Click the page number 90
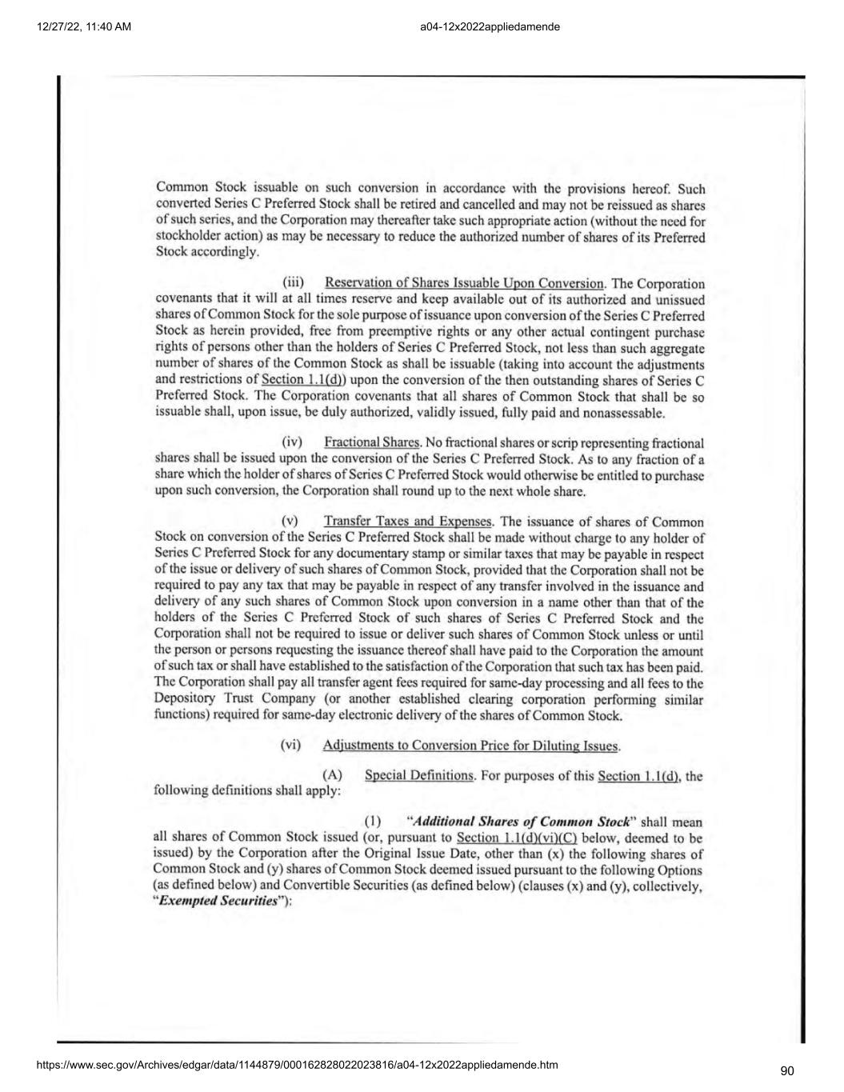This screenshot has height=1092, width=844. [787, 1071]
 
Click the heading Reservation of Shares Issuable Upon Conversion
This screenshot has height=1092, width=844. [464, 283]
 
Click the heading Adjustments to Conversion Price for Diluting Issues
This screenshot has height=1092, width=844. [470, 746]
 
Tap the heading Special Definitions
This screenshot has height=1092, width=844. [418, 775]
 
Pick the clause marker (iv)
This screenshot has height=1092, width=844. [292, 442]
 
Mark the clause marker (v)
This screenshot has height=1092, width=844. [290, 522]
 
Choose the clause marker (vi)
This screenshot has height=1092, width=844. [290, 746]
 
